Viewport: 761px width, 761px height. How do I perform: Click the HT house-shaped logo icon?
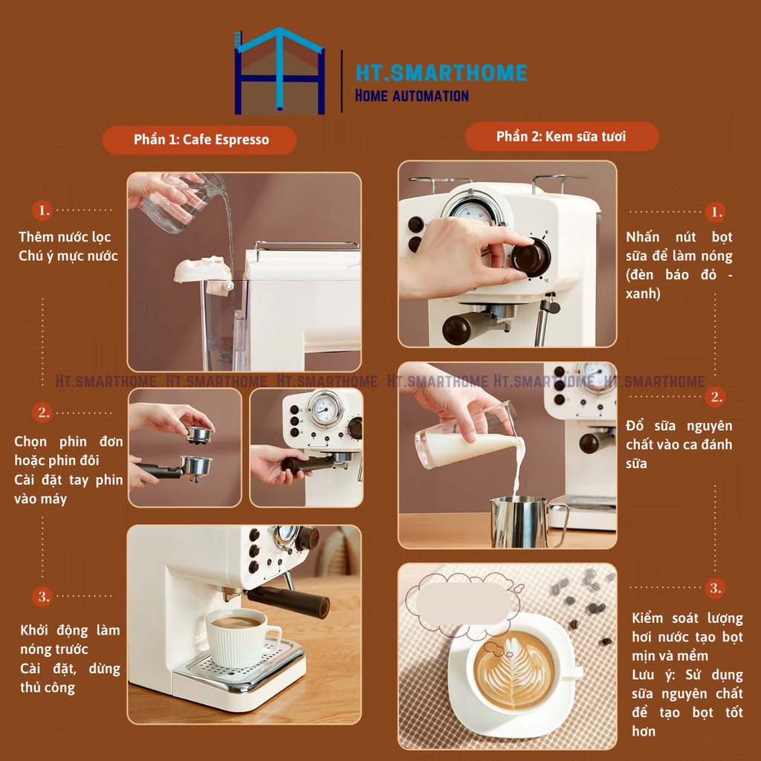click(x=279, y=71)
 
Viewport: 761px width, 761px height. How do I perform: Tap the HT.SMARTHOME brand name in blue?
click(x=441, y=73)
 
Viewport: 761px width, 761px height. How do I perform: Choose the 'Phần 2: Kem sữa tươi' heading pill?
click(x=562, y=137)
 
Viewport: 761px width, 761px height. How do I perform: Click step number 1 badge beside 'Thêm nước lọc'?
click(x=42, y=210)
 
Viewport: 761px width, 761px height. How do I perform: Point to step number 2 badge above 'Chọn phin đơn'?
click(x=42, y=412)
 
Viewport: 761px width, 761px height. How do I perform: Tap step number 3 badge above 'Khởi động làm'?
click(x=42, y=596)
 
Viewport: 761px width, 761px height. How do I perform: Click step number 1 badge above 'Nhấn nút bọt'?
click(x=716, y=212)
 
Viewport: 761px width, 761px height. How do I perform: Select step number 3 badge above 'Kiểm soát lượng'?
click(x=716, y=588)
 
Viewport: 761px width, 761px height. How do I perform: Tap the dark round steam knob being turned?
click(x=531, y=256)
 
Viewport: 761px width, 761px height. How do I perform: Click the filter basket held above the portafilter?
click(x=199, y=435)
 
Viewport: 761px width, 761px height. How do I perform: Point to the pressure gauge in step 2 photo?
click(x=324, y=409)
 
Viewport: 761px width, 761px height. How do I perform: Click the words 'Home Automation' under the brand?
click(x=412, y=96)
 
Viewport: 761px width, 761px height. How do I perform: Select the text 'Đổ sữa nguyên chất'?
click(x=679, y=435)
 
